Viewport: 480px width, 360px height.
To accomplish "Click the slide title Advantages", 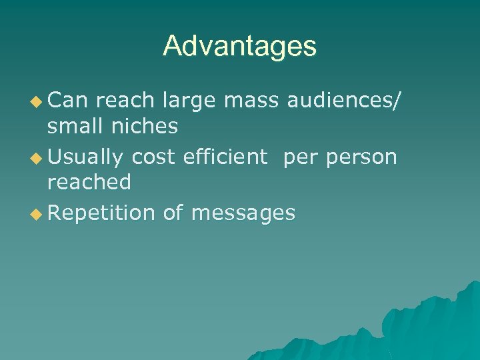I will click(240, 46).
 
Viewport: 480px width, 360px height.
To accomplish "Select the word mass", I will click(252, 101).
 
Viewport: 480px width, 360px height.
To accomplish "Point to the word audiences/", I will click(344, 101).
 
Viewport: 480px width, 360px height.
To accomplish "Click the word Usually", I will click(86, 158).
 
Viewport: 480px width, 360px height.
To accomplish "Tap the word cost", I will click(155, 157).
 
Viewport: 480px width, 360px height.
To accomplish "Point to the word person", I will click(361, 158).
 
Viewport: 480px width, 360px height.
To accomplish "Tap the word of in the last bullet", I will click(173, 213).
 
